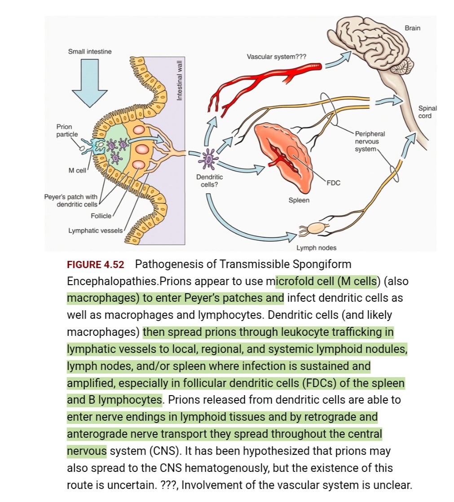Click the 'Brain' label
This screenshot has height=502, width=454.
[412, 28]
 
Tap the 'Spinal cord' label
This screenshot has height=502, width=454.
[427, 112]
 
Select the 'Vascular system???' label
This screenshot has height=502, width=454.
[276, 57]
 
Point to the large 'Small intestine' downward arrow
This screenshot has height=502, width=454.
[90, 83]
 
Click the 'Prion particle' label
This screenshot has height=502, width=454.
[67, 131]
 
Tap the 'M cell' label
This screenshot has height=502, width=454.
[77, 170]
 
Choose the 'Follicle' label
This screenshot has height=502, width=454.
[101, 216]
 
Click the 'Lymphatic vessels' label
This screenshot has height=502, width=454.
[95, 230]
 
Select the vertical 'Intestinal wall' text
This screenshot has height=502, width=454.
[180, 80]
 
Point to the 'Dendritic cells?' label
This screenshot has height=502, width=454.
[209, 181]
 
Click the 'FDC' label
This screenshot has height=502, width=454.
[333, 183]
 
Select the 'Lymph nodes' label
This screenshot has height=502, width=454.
[316, 248]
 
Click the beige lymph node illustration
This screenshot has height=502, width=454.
[317, 228]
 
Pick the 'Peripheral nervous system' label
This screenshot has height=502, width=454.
[370, 141]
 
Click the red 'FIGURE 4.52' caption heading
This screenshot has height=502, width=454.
[95, 265]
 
